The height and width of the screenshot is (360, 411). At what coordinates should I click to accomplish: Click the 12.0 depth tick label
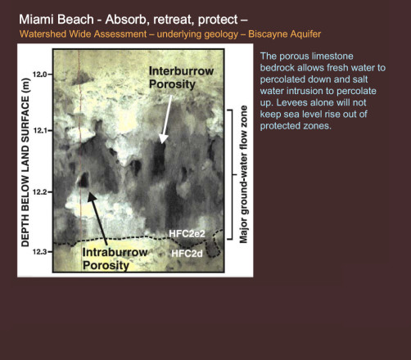39,74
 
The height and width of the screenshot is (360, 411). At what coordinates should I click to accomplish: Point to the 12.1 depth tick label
39,131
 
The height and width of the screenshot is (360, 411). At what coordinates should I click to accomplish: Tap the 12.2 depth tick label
39,192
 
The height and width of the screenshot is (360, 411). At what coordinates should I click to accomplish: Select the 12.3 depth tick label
39,252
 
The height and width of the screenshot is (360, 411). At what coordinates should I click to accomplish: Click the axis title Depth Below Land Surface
25,163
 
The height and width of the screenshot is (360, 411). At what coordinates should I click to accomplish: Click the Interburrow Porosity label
181,78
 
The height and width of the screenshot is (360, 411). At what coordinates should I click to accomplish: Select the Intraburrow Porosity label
115,259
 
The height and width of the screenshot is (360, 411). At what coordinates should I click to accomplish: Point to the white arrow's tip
162,143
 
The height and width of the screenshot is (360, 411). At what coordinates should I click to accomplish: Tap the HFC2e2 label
187,234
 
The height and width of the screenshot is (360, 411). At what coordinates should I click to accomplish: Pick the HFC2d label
187,254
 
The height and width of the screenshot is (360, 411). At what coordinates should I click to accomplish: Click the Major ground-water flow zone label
243,174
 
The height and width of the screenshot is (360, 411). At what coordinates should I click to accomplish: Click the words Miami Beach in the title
56,20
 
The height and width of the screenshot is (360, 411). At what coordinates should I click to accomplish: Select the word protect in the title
218,20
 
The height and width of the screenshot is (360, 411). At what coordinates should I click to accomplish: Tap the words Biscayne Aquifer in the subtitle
285,34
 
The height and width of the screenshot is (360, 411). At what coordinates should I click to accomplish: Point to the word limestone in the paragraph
333,56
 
